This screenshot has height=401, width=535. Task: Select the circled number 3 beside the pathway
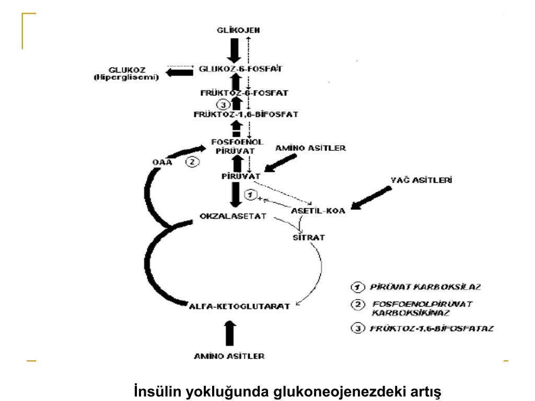point(222,103)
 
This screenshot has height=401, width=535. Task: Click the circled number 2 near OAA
point(192,162)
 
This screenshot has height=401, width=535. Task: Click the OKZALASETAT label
point(233,216)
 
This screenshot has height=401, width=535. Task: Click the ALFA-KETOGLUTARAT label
point(239,306)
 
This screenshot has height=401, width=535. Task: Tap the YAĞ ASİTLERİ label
point(422,181)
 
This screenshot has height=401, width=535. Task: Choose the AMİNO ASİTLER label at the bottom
point(229,356)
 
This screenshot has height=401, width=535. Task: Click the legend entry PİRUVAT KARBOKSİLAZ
point(425,287)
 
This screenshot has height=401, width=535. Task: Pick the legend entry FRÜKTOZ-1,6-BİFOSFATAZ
point(431,329)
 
